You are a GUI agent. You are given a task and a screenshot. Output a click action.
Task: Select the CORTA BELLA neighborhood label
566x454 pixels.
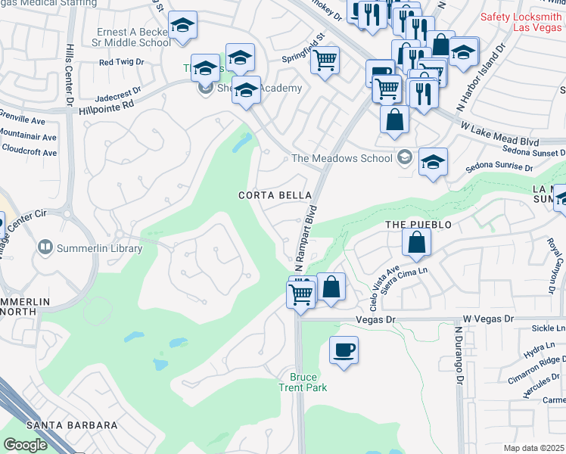click(270, 195)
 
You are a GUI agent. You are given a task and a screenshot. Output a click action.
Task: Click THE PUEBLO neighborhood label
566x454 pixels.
click(418, 225)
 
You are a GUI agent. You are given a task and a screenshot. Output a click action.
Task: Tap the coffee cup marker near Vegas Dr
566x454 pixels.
click(344, 350)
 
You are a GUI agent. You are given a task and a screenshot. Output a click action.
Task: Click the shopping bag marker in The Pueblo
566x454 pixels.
click(416, 242)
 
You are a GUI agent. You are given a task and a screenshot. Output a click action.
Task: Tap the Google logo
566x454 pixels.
click(25, 445)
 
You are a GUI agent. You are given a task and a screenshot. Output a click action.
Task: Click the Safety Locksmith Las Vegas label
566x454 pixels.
click(522, 23)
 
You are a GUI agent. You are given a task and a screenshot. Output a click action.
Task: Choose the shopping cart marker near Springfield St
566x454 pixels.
click(325, 60)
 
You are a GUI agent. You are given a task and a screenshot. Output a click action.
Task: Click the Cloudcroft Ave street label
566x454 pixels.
click(28, 152)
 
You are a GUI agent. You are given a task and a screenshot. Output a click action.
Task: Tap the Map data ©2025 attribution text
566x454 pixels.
click(534, 448)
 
